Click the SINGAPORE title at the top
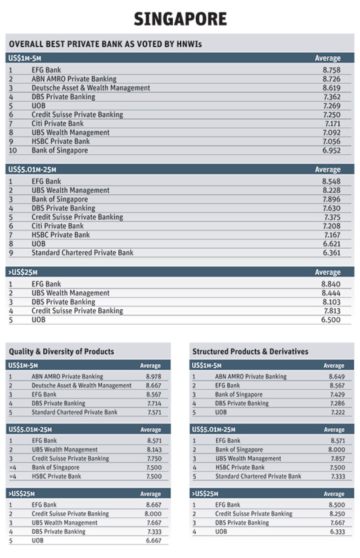(180, 19)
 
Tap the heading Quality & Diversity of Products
(61, 352)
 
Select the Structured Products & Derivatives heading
(250, 352)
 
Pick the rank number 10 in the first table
(12, 150)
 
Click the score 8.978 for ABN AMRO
(153, 377)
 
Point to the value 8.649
(337, 377)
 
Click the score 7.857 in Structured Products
(337, 459)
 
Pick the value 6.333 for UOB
(337, 531)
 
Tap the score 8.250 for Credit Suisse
(337, 514)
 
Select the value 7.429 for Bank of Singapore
(337, 394)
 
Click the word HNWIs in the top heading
(191, 45)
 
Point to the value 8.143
(153, 450)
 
